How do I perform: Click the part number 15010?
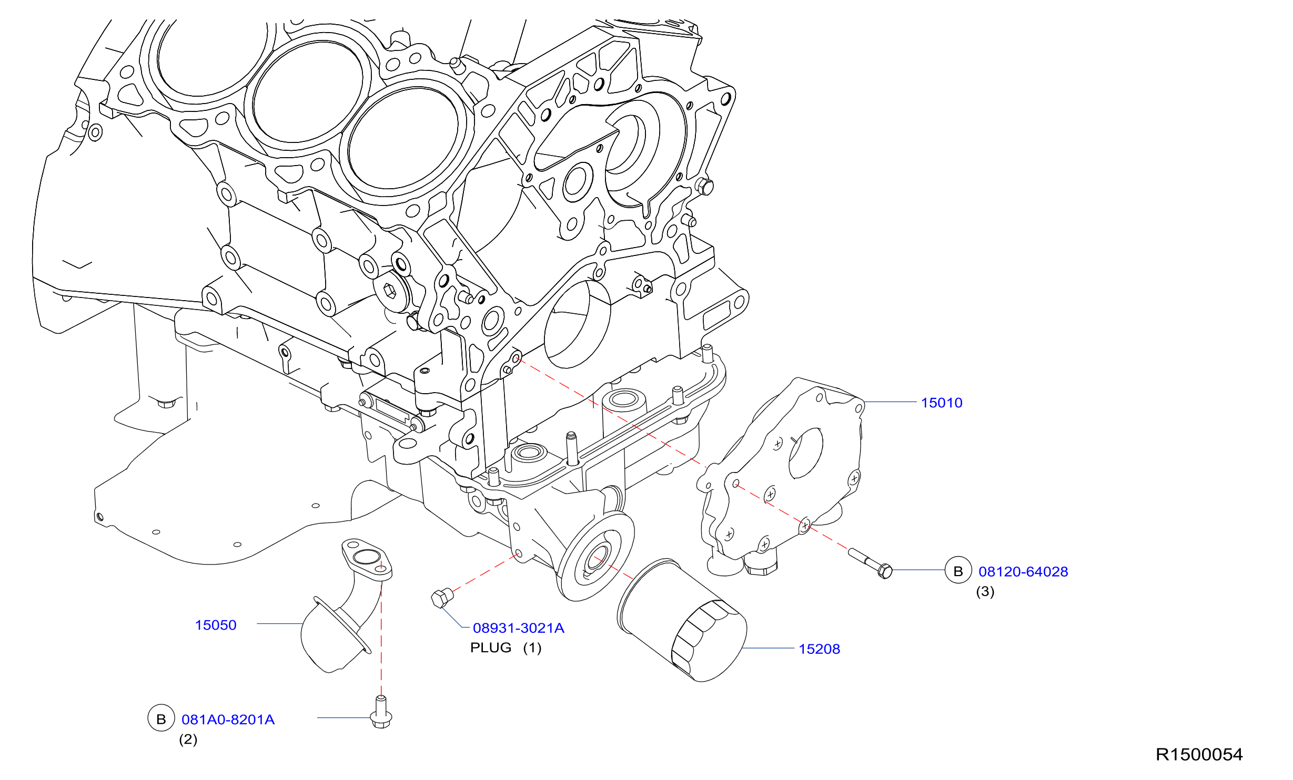tap(942, 403)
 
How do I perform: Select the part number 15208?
tap(819, 649)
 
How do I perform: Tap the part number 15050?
tap(216, 625)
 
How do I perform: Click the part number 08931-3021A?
tap(519, 628)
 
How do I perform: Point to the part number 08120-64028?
tap(1023, 572)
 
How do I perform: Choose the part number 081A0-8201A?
tap(228, 720)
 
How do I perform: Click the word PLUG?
tap(491, 648)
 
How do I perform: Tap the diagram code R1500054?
tap(1199, 755)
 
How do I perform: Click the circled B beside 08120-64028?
tap(958, 570)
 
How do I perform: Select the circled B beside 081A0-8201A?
tap(161, 718)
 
